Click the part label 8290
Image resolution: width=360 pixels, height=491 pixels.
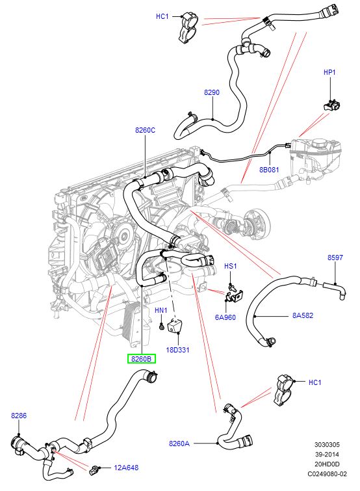[212, 92]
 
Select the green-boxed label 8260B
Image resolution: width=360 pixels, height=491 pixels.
[142, 359]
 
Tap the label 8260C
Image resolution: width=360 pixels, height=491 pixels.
[145, 130]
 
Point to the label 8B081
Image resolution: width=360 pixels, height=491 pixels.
[269, 170]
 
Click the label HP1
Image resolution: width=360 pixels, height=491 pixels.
[329, 72]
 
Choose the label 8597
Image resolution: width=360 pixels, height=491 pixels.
[335, 258]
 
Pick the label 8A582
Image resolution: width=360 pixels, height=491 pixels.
[303, 315]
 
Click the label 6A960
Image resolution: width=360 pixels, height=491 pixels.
[225, 317]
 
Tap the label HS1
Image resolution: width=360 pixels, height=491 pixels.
[231, 266]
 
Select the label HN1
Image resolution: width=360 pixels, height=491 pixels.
[161, 310]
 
